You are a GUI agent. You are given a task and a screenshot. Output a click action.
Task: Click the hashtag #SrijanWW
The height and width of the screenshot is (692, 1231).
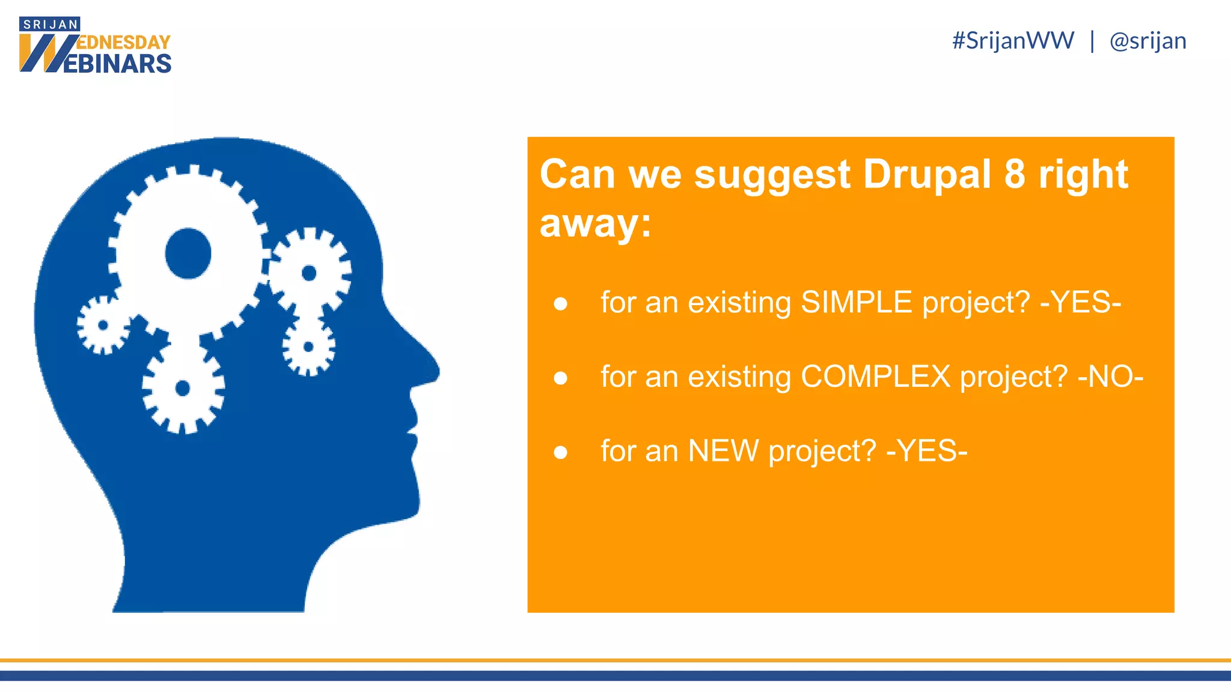(x=1013, y=41)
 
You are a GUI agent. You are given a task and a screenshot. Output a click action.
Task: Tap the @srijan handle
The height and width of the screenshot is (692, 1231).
(x=1147, y=41)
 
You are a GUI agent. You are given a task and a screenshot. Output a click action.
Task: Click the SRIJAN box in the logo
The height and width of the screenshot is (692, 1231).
(x=50, y=25)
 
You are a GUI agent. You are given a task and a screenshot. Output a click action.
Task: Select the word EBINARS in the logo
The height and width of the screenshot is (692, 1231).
(x=117, y=64)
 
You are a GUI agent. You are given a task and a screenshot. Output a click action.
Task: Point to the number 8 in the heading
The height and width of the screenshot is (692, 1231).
(x=1015, y=175)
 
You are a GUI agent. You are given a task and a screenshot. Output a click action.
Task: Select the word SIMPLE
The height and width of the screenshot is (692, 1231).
(x=857, y=302)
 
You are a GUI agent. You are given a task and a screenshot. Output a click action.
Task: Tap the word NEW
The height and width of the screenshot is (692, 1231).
(x=723, y=451)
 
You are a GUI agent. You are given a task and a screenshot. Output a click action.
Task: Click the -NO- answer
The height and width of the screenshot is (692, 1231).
(x=1110, y=377)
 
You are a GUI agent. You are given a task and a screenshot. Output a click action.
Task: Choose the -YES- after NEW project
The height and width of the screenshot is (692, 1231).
(x=927, y=451)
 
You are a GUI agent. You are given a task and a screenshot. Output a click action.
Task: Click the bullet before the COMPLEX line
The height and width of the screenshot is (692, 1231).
(x=560, y=378)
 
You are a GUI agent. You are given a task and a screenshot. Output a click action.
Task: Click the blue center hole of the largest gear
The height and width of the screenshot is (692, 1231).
(x=188, y=253)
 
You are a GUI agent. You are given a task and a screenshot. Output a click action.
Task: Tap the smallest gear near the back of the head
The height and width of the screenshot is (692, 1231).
(x=103, y=325)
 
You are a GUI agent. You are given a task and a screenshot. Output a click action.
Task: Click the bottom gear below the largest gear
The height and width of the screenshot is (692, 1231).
(x=183, y=389)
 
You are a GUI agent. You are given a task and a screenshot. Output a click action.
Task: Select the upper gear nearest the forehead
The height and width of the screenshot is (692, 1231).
(x=310, y=273)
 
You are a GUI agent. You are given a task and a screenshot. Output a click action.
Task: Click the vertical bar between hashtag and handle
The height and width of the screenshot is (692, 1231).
(x=1092, y=41)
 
